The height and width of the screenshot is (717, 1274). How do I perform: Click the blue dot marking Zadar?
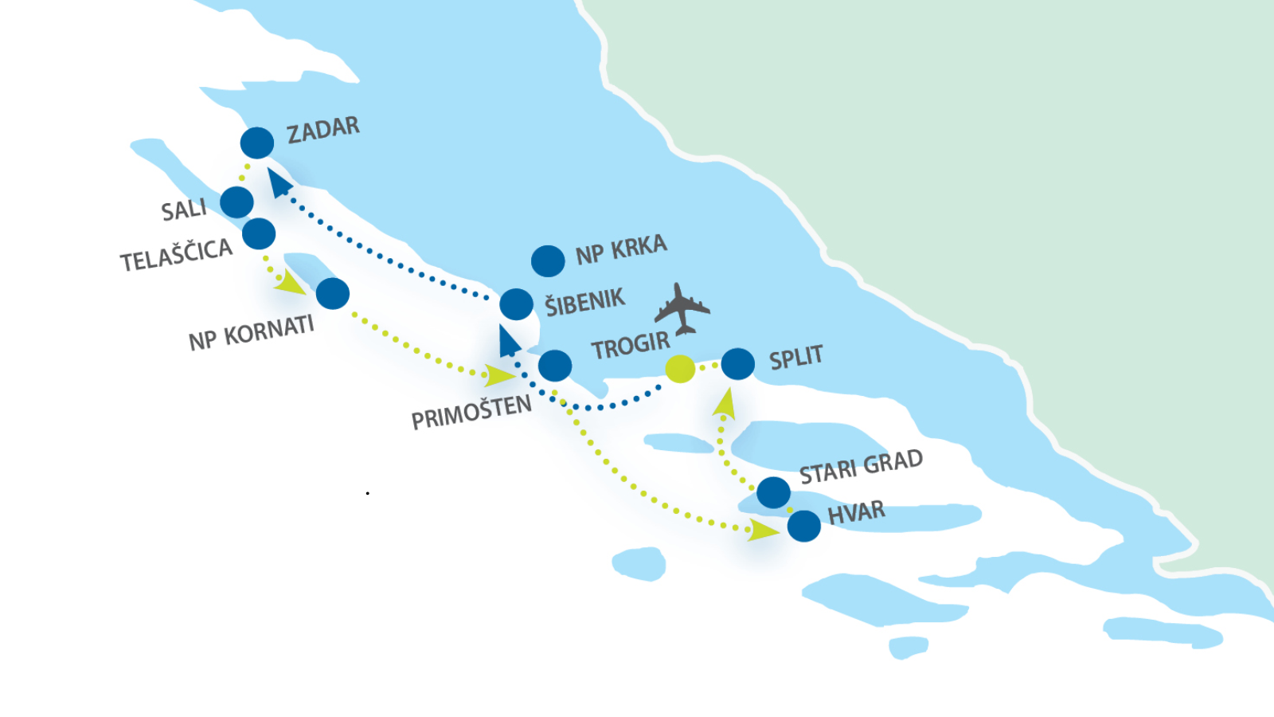coord(257,143)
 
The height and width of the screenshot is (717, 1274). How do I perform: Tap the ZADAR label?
coord(323,130)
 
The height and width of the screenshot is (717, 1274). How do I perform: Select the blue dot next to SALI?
coord(236,202)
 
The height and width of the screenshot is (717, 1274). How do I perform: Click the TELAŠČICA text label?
coord(176,256)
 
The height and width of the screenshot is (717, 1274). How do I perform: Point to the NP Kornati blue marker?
coord(333,293)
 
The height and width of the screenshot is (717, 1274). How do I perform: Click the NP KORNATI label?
coord(251,333)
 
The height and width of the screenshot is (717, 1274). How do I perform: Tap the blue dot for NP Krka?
coord(548,261)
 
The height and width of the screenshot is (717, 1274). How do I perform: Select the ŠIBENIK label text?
coord(584,303)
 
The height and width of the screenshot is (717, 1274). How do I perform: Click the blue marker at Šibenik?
coord(516,304)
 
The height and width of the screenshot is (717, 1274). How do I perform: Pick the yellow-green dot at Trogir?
coord(680,368)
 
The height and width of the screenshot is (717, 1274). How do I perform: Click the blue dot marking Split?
coord(738,364)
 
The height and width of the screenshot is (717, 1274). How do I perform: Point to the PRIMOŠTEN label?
coord(471,413)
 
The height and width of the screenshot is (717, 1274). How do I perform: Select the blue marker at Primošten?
coord(555,366)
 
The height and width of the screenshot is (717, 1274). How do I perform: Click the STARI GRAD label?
coord(861,467)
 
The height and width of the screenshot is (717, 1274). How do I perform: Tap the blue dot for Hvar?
coord(803,526)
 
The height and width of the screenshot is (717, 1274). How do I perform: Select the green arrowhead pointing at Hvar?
coord(763,530)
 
